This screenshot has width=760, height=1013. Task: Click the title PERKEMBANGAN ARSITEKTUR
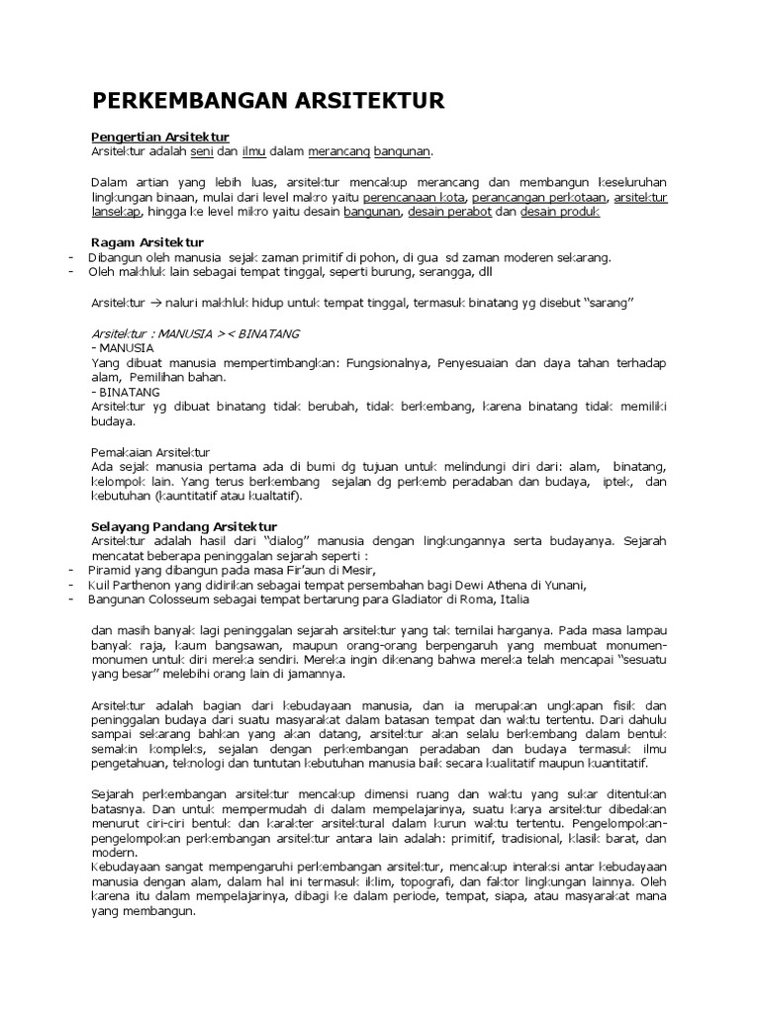click(268, 100)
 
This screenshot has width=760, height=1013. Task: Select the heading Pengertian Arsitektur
click(160, 136)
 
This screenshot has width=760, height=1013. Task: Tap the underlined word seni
click(202, 150)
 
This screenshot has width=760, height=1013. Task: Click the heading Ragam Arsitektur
click(146, 242)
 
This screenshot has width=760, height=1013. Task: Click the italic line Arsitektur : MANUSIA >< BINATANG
click(195, 333)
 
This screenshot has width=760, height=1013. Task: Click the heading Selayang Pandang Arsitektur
click(184, 526)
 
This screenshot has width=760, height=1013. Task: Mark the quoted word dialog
click(293, 541)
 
